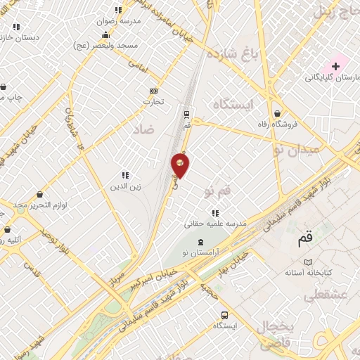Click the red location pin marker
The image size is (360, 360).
pyautogui.click(x=181, y=165)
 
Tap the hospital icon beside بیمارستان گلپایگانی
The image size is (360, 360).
pyautogui.click(x=335, y=66)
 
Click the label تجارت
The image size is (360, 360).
pyautogui.click(x=153, y=102)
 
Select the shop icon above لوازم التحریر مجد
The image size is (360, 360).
pyautogui.click(x=39, y=193)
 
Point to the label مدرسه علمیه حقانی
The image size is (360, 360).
pyautogui.click(x=215, y=224)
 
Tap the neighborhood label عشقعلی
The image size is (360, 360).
pyautogui.click(x=325, y=296)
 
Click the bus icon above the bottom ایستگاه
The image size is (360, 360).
pyautogui.click(x=224, y=315)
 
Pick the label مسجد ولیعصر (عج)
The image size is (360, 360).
pyautogui.click(x=108, y=44)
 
